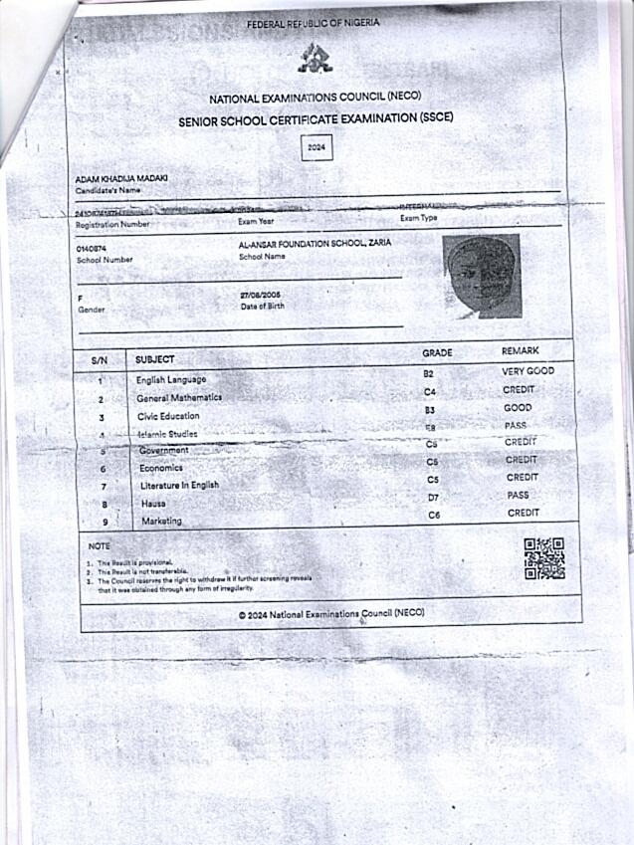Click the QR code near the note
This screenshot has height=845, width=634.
544,558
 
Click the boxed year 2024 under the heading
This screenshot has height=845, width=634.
317,147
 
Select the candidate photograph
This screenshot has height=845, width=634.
482,277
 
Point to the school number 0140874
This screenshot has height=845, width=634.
92,248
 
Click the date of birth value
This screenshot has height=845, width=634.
261,296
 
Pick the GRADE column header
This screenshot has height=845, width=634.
437,352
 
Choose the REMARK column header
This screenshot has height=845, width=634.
520,351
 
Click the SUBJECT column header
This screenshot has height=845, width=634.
154,359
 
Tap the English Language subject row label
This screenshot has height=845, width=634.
171,380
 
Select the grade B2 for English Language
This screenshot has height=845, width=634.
429,372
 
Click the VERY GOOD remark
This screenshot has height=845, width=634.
528,371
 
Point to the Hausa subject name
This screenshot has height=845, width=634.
153,504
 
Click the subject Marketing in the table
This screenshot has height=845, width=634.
161,522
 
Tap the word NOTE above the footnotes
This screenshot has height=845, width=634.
100,546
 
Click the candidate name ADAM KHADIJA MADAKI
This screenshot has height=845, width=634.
121,177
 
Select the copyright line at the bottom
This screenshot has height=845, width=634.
331,614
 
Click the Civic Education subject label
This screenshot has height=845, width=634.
168,416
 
